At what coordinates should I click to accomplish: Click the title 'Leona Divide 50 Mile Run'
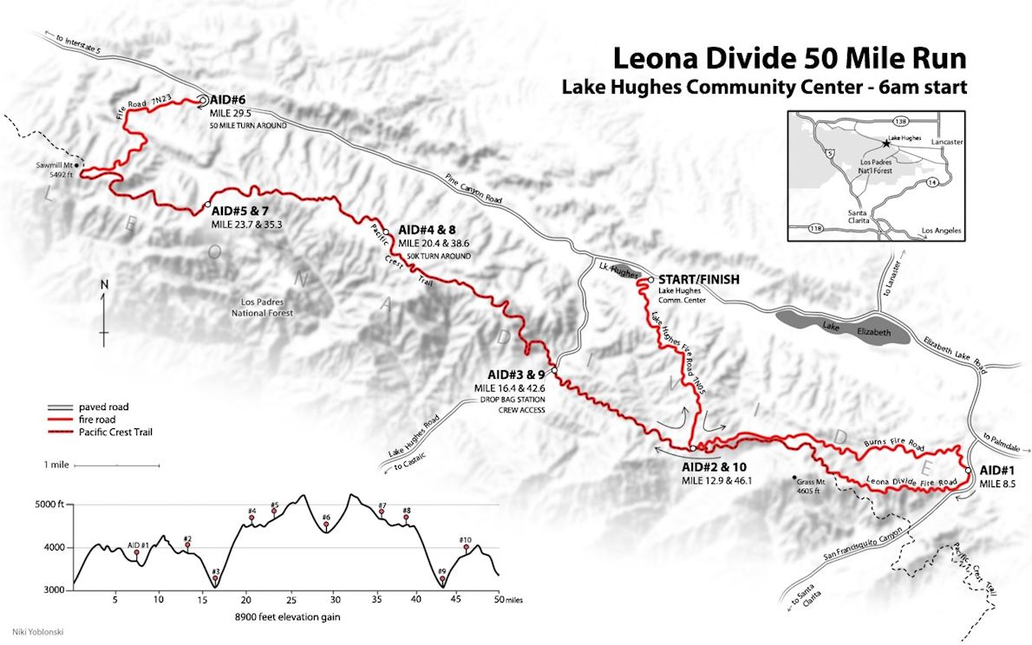point(789,58)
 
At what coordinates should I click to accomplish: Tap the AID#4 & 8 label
point(432,230)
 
